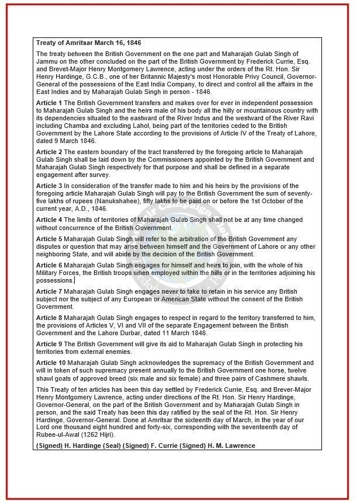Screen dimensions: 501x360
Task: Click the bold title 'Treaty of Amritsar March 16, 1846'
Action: [x=89, y=43]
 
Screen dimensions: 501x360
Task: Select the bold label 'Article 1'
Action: [x=49, y=103]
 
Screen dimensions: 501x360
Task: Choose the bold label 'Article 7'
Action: [x=49, y=291]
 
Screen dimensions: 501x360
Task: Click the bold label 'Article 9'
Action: [x=49, y=344]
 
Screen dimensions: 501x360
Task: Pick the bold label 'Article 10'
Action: [x=50, y=363]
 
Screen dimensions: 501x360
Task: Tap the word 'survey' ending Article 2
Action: [x=98, y=175]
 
